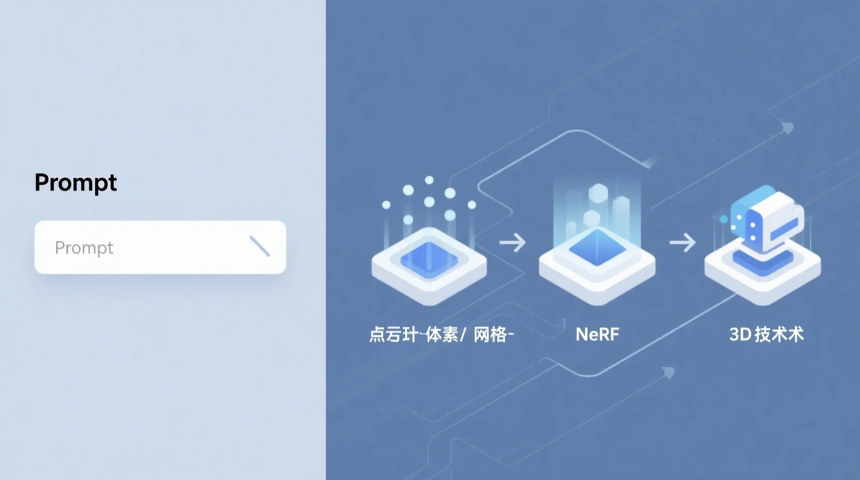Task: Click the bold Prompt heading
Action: pyautogui.click(x=76, y=183)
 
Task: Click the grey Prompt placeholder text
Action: pyautogui.click(x=84, y=248)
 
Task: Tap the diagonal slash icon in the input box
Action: pyautogui.click(x=259, y=246)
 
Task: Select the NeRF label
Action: pyautogui.click(x=597, y=334)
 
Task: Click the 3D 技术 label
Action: pyautogui.click(x=767, y=334)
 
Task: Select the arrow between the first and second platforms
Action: pyautogui.click(x=513, y=242)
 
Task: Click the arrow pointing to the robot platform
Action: pyautogui.click(x=683, y=242)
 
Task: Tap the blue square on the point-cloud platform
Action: pyautogui.click(x=429, y=260)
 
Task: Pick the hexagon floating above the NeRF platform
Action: pyautogui.click(x=598, y=194)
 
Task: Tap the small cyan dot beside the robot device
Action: pyautogui.click(x=724, y=219)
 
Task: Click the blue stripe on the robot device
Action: pyautogui.click(x=783, y=226)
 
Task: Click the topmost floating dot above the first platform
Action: pyautogui.click(x=429, y=180)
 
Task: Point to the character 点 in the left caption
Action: pyautogui.click(x=377, y=334)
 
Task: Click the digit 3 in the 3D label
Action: pyautogui.click(x=734, y=334)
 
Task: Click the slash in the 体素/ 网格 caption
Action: pyautogui.click(x=463, y=334)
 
